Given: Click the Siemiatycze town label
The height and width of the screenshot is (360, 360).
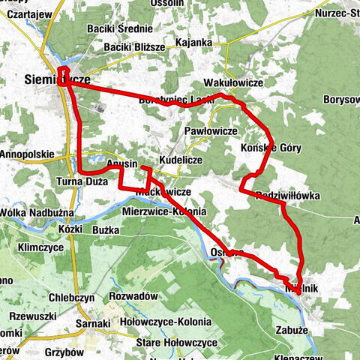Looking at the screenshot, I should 55,78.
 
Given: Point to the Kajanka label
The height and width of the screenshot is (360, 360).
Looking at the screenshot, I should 193,43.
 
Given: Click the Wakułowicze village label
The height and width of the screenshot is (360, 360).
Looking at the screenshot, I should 232,83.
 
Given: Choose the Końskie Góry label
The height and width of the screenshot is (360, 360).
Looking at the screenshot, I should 272,148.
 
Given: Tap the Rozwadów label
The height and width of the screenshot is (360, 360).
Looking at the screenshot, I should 133,295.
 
